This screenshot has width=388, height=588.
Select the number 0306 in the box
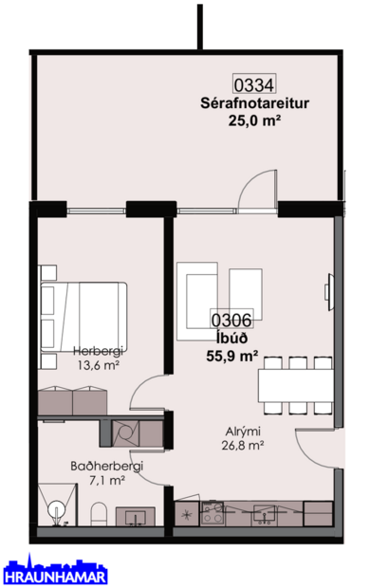[232, 322]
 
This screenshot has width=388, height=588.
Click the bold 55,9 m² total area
[232, 357]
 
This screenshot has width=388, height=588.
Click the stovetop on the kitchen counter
[212, 512]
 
